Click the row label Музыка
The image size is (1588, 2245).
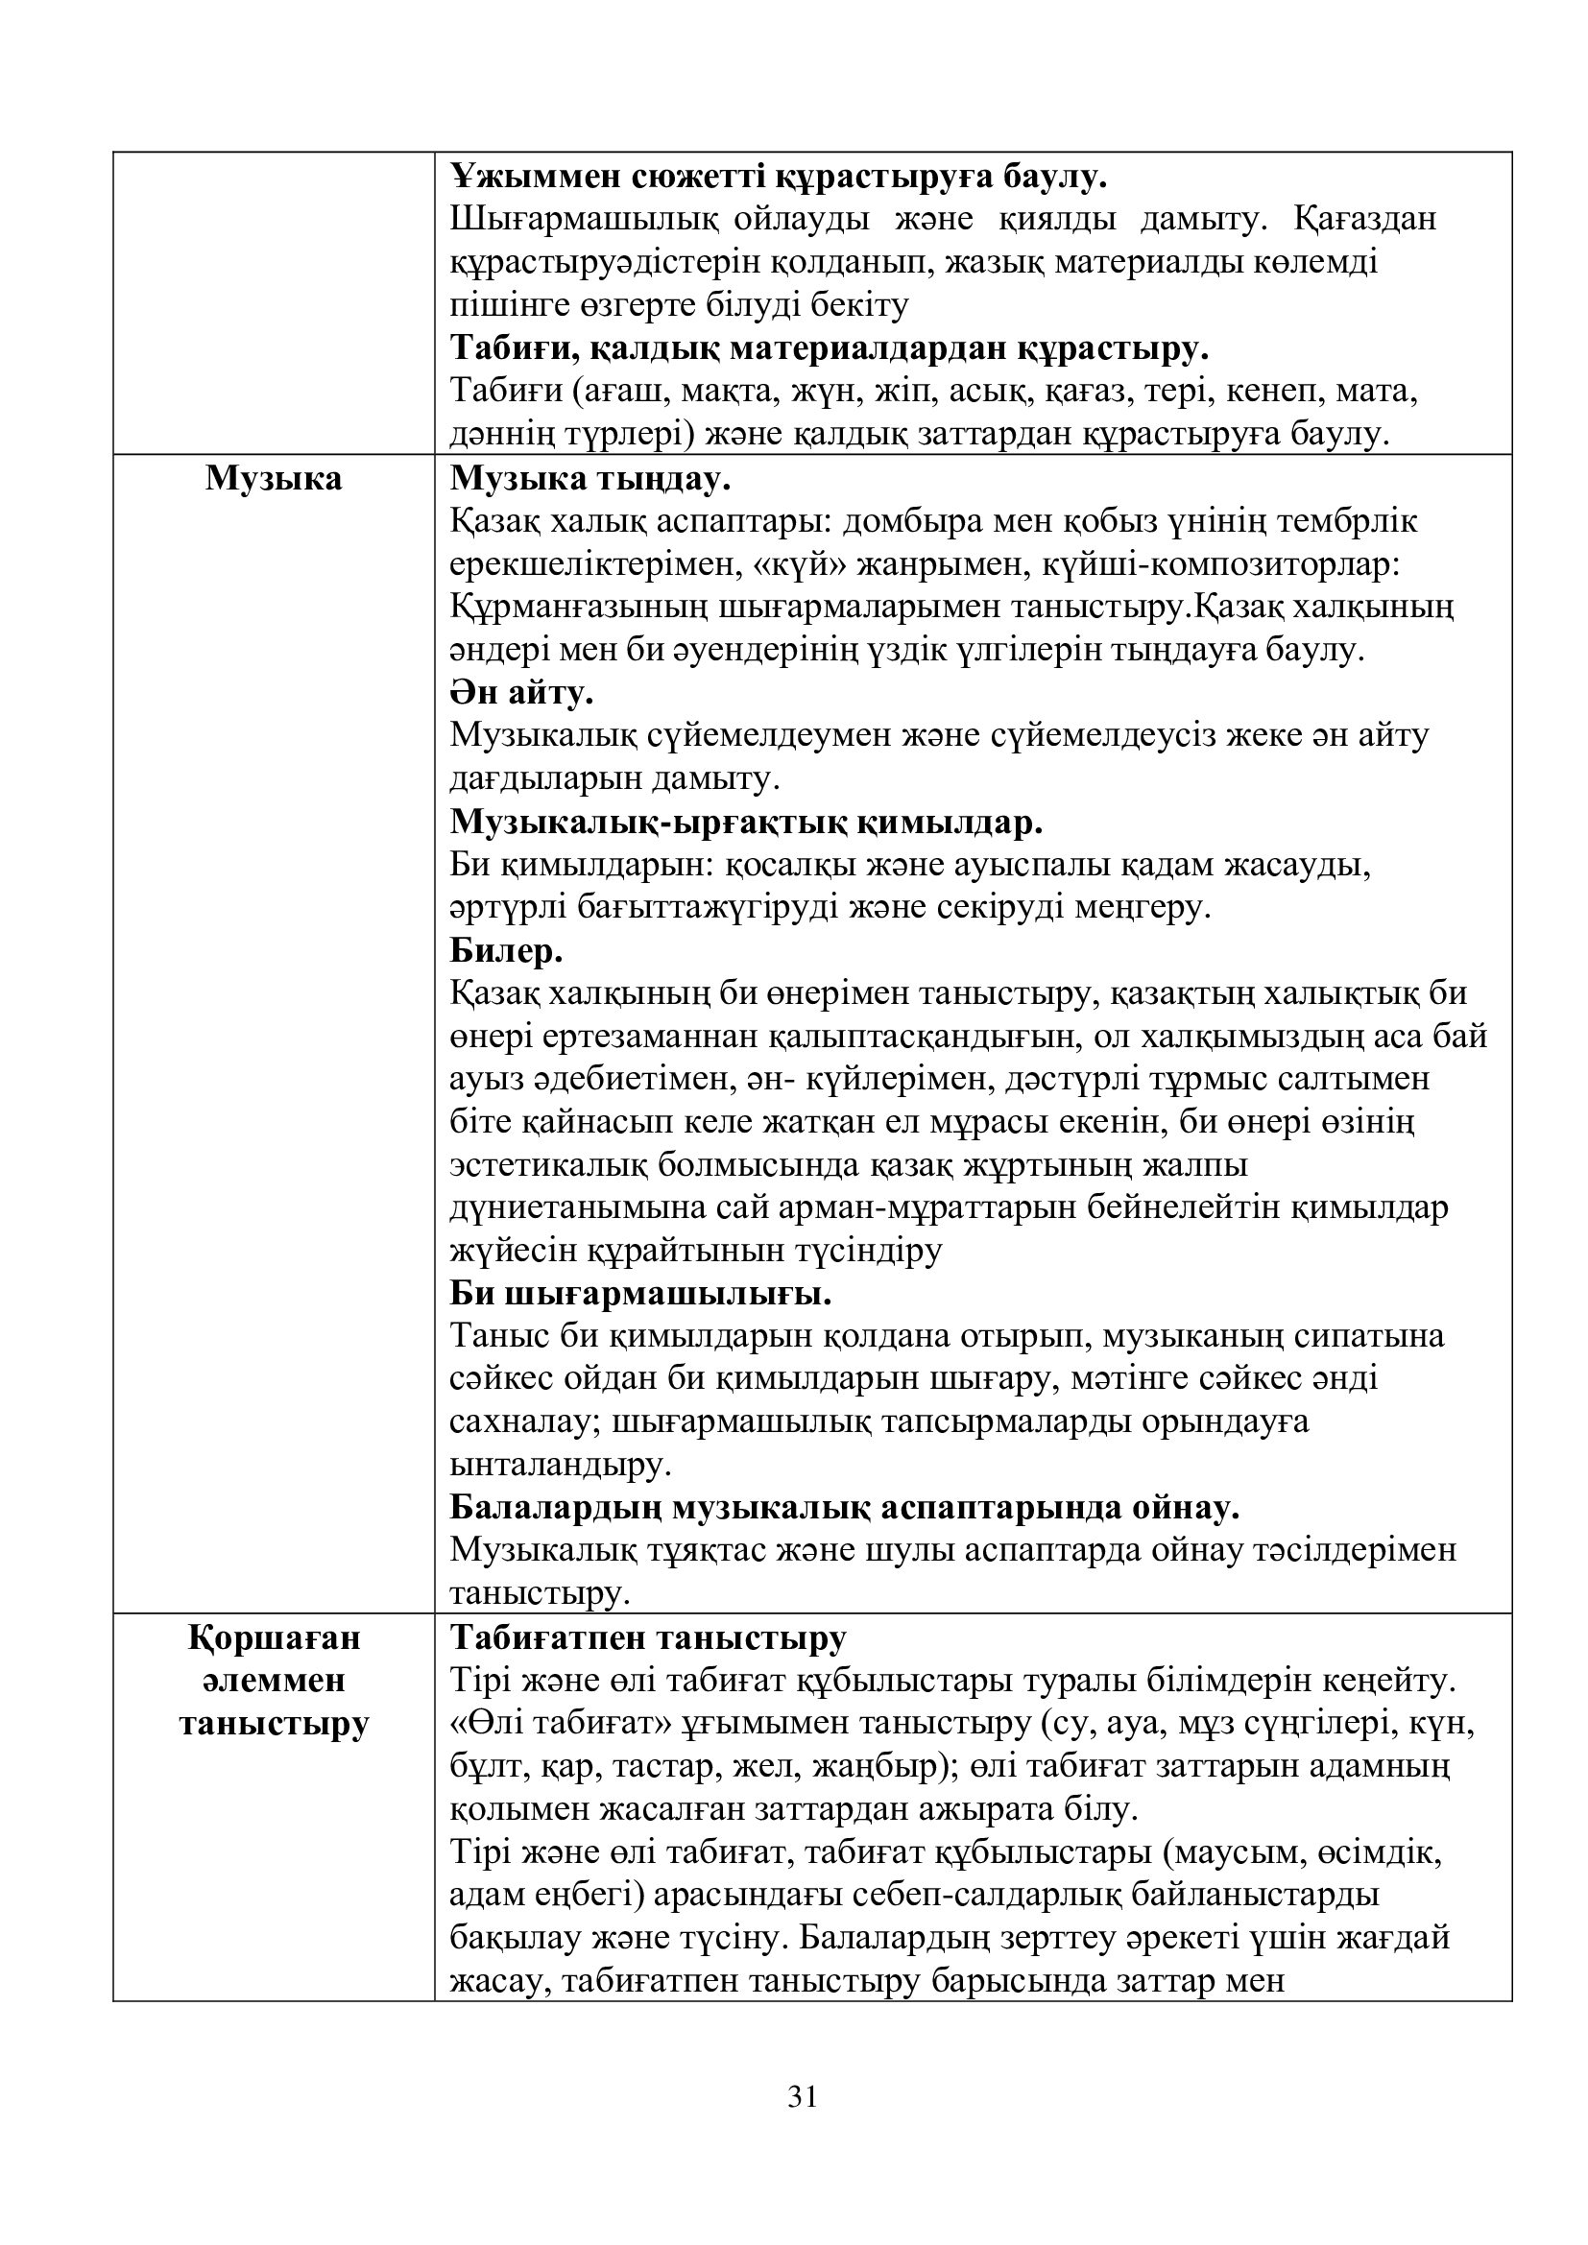pos(274,479)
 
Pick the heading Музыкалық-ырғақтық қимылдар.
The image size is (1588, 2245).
pos(746,823)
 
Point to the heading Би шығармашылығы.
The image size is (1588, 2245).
pos(640,1295)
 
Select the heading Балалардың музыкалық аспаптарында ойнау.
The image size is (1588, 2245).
pos(845,1508)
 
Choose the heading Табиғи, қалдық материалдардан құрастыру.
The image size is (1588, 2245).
pos(830,348)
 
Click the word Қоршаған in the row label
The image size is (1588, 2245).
pos(274,1637)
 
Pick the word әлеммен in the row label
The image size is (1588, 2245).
pos(274,1681)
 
